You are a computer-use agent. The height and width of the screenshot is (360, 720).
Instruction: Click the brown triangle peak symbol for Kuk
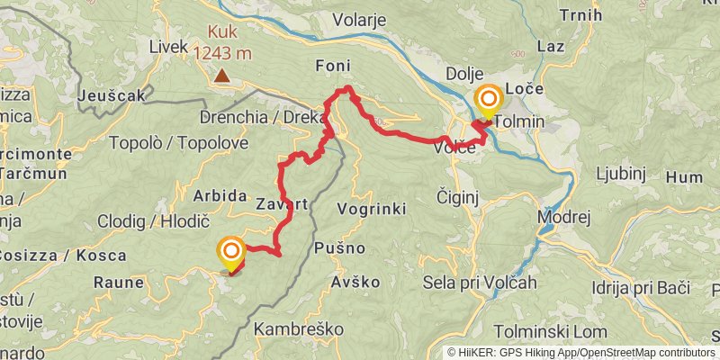(x=221, y=77)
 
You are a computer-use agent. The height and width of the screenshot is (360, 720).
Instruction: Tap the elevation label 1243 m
(x=221, y=54)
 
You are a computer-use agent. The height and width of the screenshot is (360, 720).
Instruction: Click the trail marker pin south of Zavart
(x=231, y=251)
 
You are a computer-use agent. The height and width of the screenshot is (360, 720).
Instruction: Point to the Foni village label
(x=332, y=66)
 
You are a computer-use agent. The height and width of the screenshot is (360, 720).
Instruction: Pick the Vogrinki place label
(x=371, y=209)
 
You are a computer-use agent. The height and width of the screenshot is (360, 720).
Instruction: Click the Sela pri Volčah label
(x=480, y=283)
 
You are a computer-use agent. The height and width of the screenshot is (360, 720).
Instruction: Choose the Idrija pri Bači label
(x=641, y=288)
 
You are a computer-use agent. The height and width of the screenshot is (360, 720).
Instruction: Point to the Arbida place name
(x=220, y=195)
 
